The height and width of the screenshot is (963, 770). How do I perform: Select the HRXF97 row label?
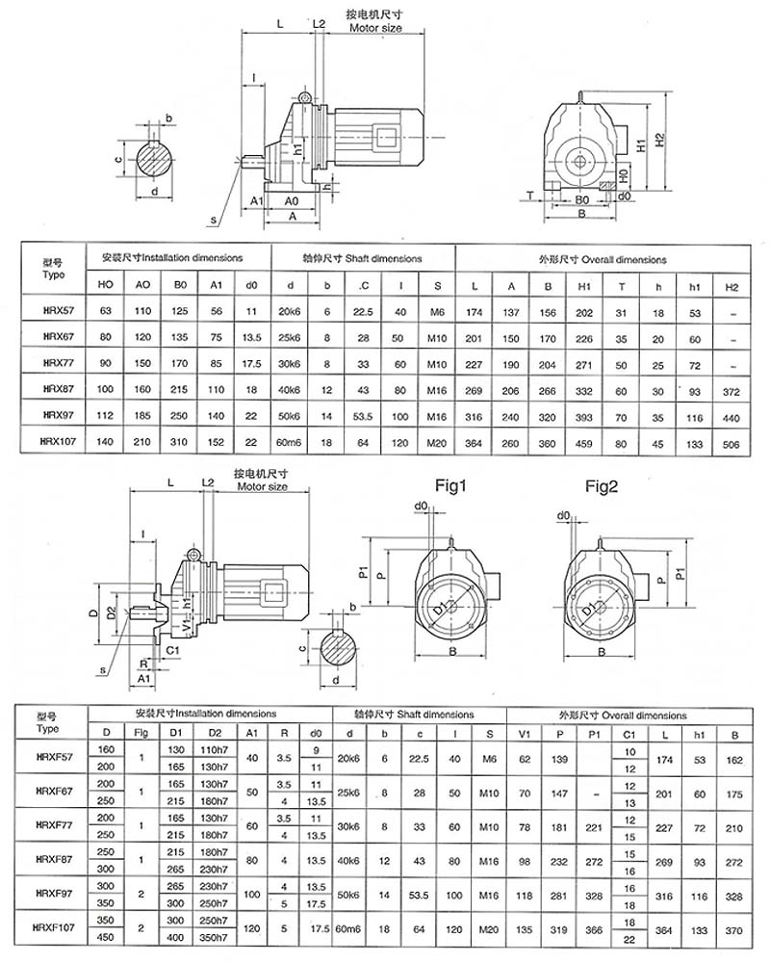click(54, 896)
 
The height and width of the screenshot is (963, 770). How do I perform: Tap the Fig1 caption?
click(449, 485)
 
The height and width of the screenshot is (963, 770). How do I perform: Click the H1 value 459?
click(583, 442)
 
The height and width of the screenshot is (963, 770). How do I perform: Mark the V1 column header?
click(525, 733)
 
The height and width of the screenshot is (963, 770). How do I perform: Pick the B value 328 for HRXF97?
click(736, 896)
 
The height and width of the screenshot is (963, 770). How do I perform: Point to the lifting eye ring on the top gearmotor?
click(304, 97)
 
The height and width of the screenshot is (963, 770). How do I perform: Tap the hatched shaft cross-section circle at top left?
click(153, 160)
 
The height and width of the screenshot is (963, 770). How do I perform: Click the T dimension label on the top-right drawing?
click(531, 195)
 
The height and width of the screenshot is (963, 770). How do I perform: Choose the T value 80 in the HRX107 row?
click(621, 442)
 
